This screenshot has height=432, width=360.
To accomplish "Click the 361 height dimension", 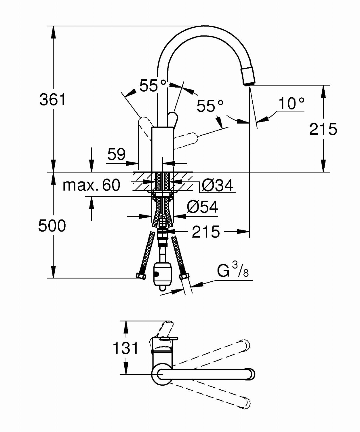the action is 53,100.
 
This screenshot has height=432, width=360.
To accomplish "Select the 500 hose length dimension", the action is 52,226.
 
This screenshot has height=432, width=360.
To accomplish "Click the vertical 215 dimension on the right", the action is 323,129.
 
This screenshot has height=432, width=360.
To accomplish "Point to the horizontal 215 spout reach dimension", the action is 206,232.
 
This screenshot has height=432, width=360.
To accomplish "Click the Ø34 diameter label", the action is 218,185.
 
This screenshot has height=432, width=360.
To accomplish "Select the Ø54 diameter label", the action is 202,207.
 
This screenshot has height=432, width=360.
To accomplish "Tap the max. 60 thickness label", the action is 91,185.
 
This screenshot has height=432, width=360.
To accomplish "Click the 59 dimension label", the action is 117,154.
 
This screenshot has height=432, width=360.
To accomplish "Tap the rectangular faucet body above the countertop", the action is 163,149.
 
